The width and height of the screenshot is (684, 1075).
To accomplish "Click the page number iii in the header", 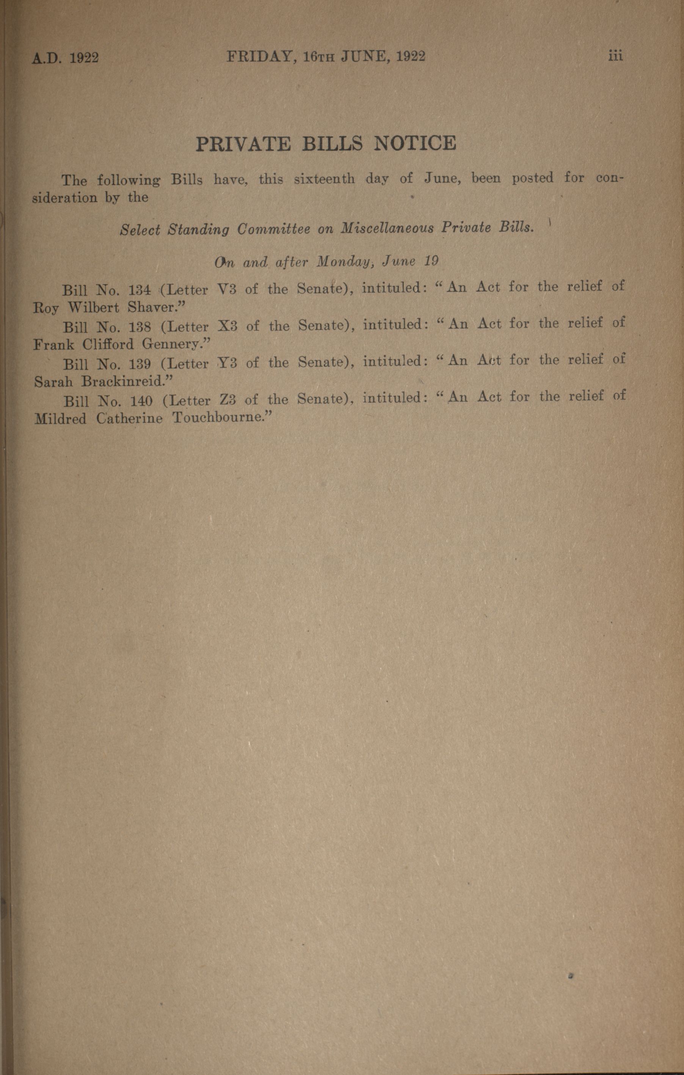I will [x=615, y=56].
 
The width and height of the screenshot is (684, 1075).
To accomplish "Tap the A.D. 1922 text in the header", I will [x=65, y=58].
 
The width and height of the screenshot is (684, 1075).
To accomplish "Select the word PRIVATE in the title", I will [x=244, y=144].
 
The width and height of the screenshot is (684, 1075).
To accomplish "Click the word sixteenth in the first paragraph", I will [x=325, y=179].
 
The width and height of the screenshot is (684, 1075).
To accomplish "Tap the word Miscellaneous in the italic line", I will [x=387, y=228].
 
